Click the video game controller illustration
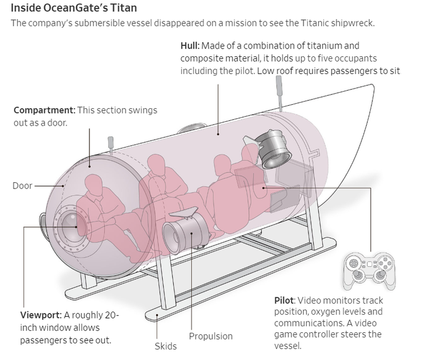point(370,270)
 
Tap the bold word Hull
point(190,46)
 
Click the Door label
point(22,186)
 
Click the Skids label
point(166,346)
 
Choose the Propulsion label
point(210,336)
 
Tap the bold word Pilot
point(285,300)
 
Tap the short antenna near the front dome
point(111,144)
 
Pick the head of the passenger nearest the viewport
point(94,183)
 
